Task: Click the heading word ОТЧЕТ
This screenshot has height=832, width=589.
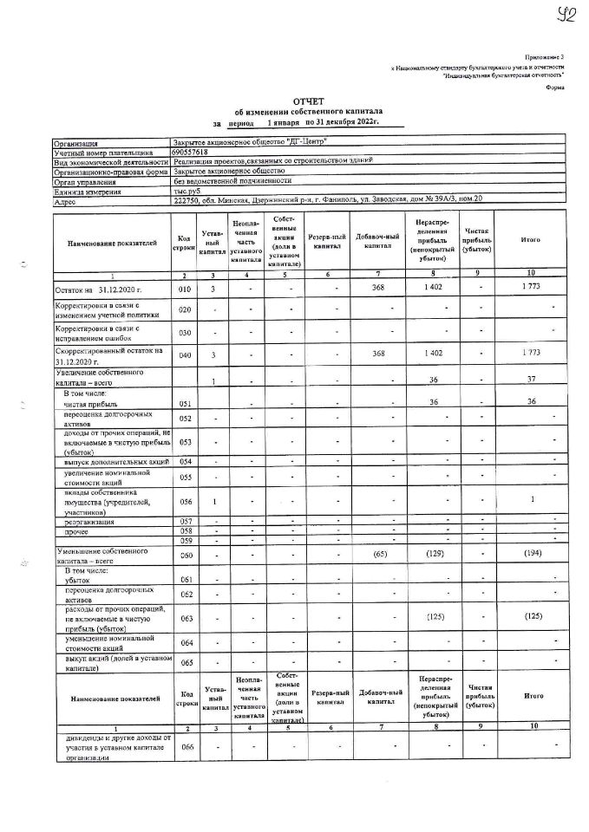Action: pos(308,101)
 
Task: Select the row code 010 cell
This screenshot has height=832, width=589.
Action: pos(183,288)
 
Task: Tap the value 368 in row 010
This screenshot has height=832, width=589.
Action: pos(377,287)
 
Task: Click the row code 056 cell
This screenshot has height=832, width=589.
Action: pos(183,500)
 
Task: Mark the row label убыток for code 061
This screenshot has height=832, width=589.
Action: pos(77,579)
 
